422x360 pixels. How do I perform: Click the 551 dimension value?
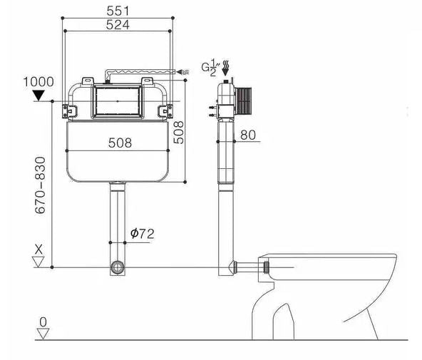(x=118, y=11)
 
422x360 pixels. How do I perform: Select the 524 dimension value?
(x=118, y=25)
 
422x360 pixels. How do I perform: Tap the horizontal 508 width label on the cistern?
(x=120, y=143)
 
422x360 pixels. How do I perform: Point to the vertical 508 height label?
(x=178, y=133)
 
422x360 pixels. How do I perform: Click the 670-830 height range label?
(x=40, y=185)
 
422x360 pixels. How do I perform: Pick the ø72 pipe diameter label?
(x=143, y=234)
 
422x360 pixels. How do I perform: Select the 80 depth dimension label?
(x=248, y=135)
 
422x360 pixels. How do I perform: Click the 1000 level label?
(x=38, y=82)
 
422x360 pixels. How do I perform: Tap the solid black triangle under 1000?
(x=38, y=96)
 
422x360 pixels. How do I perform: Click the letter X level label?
(x=38, y=250)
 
